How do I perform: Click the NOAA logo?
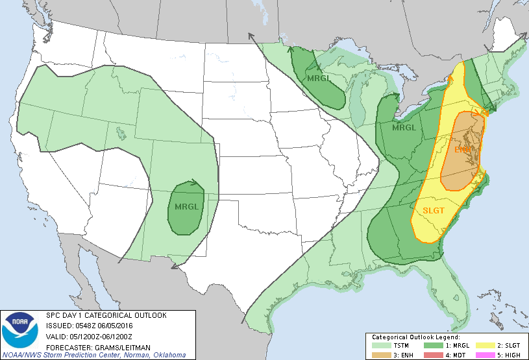(x=20, y=330)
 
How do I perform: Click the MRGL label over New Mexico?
(x=186, y=208)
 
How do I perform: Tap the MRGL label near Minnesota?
(x=319, y=78)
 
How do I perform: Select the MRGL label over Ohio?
(x=404, y=128)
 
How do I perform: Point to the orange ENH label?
(x=463, y=150)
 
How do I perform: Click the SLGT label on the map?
(x=433, y=210)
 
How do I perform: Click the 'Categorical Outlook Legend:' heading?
(x=415, y=337)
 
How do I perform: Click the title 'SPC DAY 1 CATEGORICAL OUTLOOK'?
(x=106, y=315)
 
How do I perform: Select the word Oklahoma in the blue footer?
(x=171, y=355)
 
